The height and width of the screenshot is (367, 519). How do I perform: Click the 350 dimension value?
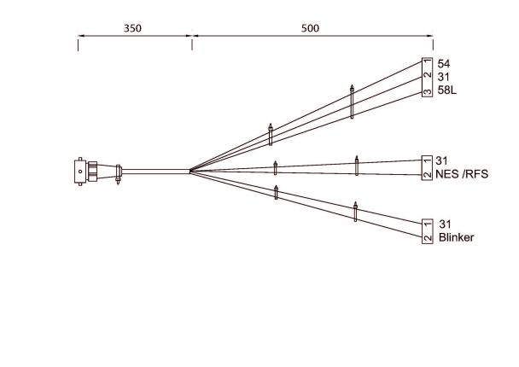point(132,28)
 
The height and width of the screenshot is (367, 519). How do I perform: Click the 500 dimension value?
point(311,28)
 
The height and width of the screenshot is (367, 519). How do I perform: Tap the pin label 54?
point(444,64)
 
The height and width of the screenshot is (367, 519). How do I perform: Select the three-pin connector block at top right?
point(427,78)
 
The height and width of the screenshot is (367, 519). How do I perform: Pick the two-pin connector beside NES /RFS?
point(427,167)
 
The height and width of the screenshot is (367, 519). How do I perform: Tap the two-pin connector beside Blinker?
point(427,230)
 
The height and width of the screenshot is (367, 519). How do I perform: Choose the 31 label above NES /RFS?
point(442,160)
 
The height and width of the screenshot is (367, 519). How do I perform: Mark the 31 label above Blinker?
point(445,224)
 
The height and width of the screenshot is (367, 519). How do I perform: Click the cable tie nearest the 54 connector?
point(352,102)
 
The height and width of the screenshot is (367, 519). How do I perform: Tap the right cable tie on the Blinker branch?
point(355,211)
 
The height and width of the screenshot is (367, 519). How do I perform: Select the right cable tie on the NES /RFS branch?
point(356,165)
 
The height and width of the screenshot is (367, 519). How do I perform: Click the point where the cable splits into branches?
point(190,171)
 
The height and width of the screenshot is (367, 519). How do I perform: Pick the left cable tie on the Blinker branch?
point(276,192)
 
